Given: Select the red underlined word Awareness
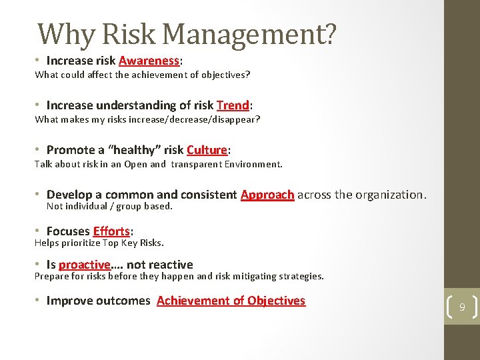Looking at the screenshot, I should point(149,61).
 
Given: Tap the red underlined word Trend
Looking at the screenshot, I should point(233,105).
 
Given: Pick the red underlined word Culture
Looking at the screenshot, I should point(207,150).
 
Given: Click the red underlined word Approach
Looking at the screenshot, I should point(267,195).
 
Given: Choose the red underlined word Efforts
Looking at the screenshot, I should point(111,231).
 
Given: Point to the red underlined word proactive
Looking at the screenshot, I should point(84,265).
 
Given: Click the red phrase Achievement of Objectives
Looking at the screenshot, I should point(231,301).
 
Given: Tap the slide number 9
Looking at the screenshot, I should point(461,307).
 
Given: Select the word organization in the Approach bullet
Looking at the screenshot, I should point(391,195).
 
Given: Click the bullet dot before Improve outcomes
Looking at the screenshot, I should point(39,301).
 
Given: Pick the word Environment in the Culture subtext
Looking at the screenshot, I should point(255,164).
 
